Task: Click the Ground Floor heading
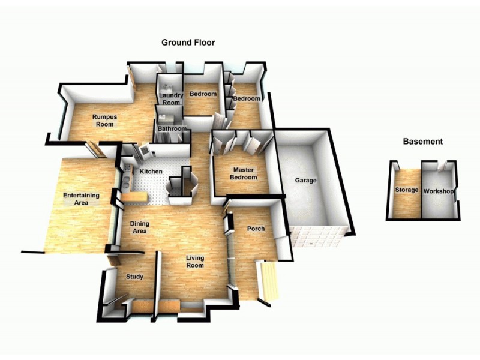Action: click(188, 43)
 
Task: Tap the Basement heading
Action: click(422, 142)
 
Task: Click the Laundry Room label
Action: click(170, 99)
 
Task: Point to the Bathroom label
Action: click(169, 129)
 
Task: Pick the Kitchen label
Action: click(151, 172)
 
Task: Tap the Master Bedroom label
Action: click(244, 173)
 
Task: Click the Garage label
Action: click(305, 181)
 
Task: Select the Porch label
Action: click(256, 229)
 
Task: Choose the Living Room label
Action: click(194, 261)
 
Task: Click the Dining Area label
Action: click(140, 227)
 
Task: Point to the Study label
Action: click(134, 277)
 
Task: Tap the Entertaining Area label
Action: click(81, 199)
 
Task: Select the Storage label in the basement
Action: click(406, 190)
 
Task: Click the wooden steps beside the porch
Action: click(269, 281)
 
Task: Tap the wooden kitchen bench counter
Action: click(136, 197)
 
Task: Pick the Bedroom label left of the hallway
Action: click(202, 94)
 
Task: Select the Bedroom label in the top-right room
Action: click(247, 98)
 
